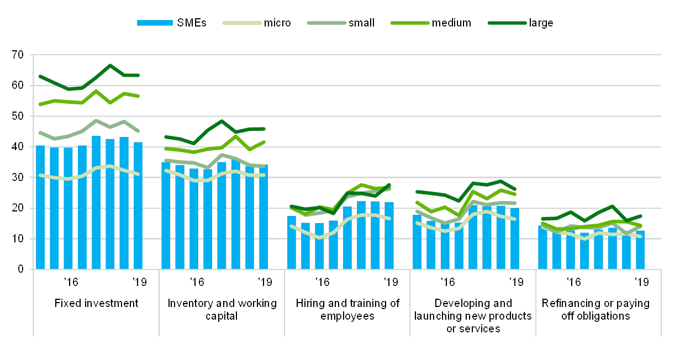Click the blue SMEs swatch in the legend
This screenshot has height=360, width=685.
[155, 23]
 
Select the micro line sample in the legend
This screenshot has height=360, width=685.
[241, 23]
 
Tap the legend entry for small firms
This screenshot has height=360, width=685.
[325, 23]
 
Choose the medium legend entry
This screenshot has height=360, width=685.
[409, 23]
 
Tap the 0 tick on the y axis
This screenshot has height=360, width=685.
[21, 269]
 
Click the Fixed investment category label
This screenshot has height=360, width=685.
[96, 304]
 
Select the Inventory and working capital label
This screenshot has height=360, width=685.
[222, 310]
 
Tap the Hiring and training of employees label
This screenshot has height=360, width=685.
[347, 310]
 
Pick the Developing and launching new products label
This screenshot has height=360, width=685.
[473, 316]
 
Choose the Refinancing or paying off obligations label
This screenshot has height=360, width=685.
[598, 310]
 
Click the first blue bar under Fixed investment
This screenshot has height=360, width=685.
[40, 207]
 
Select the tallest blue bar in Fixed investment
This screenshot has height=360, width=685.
[96, 203]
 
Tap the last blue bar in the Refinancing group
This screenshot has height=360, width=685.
[640, 250]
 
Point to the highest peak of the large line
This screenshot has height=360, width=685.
[110, 65]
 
